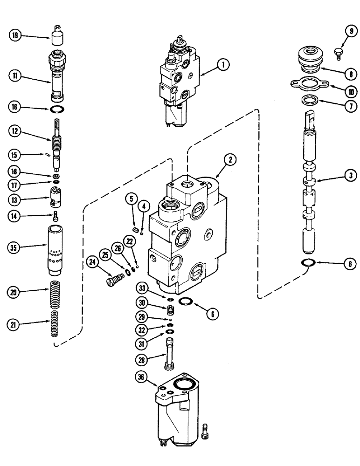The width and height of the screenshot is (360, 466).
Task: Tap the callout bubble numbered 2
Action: (229, 160)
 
